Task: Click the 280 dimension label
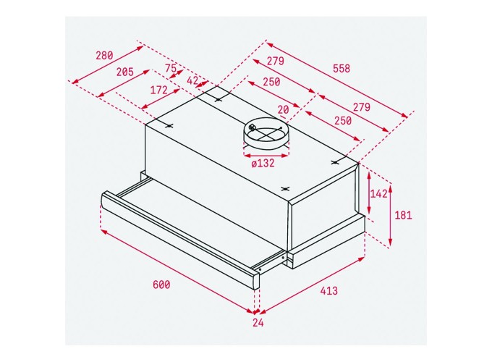pyautogui.click(x=104, y=56)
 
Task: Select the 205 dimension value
pyautogui.click(x=124, y=72)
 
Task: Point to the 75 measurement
pyautogui.click(x=171, y=69)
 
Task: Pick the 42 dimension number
pyautogui.click(x=192, y=81)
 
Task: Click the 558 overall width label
pyautogui.click(x=341, y=69)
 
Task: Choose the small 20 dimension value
pyautogui.click(x=283, y=109)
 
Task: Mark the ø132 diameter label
pyautogui.click(x=263, y=163)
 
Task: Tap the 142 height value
pyautogui.click(x=378, y=193)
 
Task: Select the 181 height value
pyautogui.click(x=404, y=215)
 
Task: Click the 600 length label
pyautogui.click(x=161, y=285)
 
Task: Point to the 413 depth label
pyautogui.click(x=328, y=290)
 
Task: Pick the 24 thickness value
pyautogui.click(x=258, y=324)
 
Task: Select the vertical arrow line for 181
pyautogui.click(x=391, y=216)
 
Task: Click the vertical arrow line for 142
pyautogui.click(x=369, y=193)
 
